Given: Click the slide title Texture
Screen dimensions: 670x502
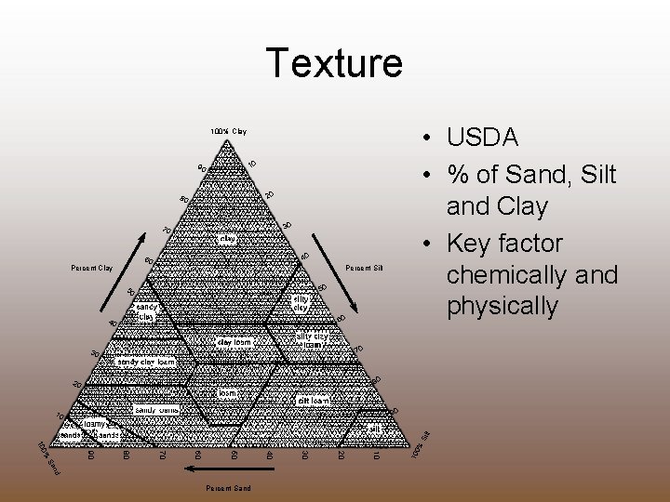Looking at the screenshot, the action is (x=334, y=63).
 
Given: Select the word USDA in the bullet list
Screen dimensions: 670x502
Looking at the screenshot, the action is (x=483, y=138).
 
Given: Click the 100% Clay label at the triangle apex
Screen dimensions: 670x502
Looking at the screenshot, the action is (x=228, y=131).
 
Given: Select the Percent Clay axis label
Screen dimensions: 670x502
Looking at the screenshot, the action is (x=92, y=269).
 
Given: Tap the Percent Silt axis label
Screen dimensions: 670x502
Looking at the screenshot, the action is (x=364, y=269).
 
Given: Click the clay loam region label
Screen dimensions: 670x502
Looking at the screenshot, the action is (x=234, y=342).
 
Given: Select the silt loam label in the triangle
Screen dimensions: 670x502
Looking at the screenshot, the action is (x=314, y=400).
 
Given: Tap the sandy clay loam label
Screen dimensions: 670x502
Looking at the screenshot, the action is (x=146, y=361).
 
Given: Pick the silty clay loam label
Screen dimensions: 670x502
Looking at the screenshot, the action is (x=312, y=340).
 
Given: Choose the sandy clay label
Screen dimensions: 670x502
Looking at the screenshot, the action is (x=147, y=310).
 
